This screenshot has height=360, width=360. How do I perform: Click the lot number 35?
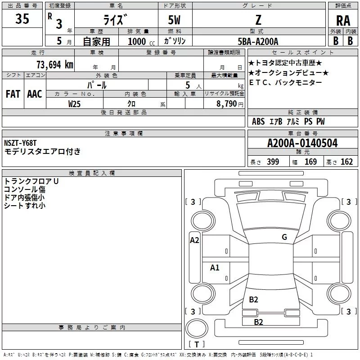click(22, 19)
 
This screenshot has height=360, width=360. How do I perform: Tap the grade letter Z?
click(258, 20)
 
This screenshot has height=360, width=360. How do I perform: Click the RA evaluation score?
click(343, 21)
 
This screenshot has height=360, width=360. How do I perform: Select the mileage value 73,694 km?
click(54, 64)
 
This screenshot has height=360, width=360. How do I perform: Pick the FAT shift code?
click(13, 94)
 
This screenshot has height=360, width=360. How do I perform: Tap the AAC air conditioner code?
click(35, 94)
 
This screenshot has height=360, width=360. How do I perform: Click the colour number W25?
click(74, 104)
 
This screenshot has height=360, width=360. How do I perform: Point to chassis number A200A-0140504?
click(302, 144)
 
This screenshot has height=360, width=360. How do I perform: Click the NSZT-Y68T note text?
click(20, 143)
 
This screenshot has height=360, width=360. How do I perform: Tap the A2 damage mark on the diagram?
click(194, 240)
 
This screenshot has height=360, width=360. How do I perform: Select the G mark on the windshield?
click(284, 237)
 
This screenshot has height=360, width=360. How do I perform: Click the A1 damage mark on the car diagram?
click(215, 268)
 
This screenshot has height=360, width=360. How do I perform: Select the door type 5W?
click(175, 20)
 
